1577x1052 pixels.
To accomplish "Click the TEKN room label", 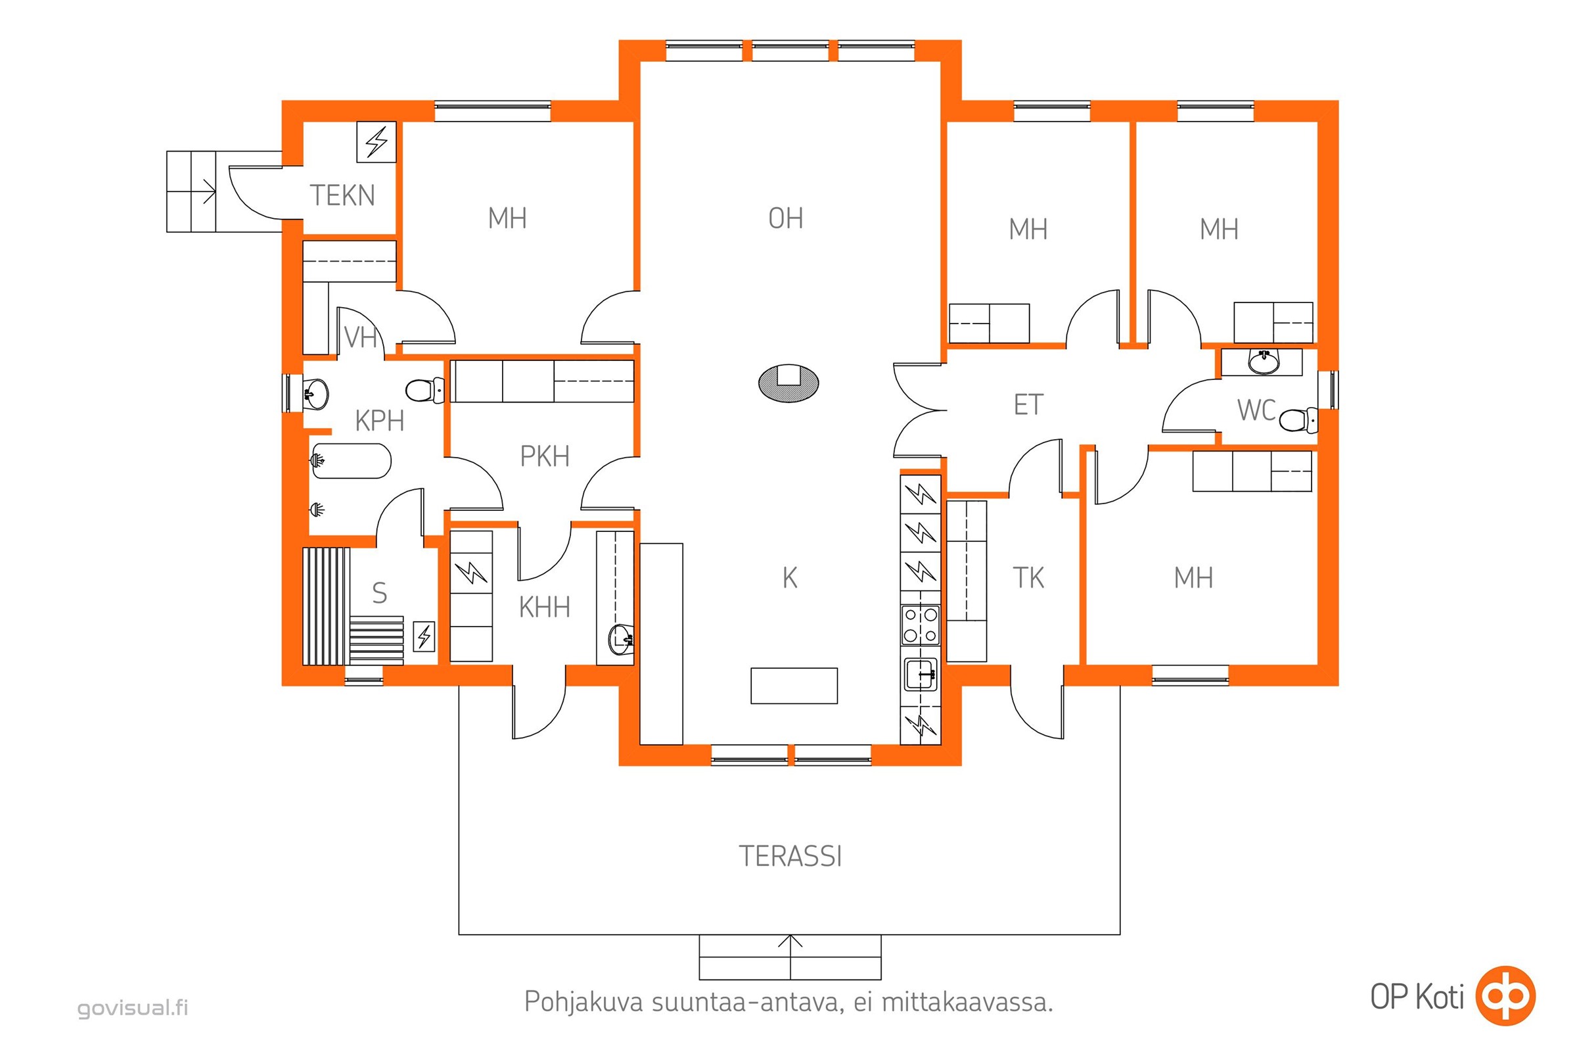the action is pos(342,195).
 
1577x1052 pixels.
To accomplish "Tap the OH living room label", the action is pos(785,218).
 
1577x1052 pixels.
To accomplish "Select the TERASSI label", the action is pos(790,856).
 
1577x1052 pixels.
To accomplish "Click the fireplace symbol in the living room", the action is pos(788,383).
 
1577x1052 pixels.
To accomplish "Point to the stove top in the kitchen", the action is pos(920,625).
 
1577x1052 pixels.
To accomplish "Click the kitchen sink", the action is pos(920,675).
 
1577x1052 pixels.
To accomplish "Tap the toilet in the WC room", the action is pos(1298,421).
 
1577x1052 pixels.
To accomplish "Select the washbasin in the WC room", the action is pos(1263,362).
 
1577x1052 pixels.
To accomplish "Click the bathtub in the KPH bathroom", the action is pos(351,460).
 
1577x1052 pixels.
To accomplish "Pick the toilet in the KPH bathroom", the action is pos(425,390).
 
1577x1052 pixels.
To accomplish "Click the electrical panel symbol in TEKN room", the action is pos(376,141).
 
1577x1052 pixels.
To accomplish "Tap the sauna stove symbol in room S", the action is pos(424,636).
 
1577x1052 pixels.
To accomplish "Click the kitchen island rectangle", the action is pos(794,686).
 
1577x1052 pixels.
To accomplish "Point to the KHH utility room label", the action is pos(545,607).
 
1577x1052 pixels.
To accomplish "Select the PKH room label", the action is pos(545,456).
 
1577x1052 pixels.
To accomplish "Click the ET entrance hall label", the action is pos(1028,404).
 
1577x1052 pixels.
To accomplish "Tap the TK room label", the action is pos(1028,578).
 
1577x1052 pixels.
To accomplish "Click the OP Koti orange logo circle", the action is pos(1506,995).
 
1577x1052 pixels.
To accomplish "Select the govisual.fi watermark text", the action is pos(133,1008).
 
